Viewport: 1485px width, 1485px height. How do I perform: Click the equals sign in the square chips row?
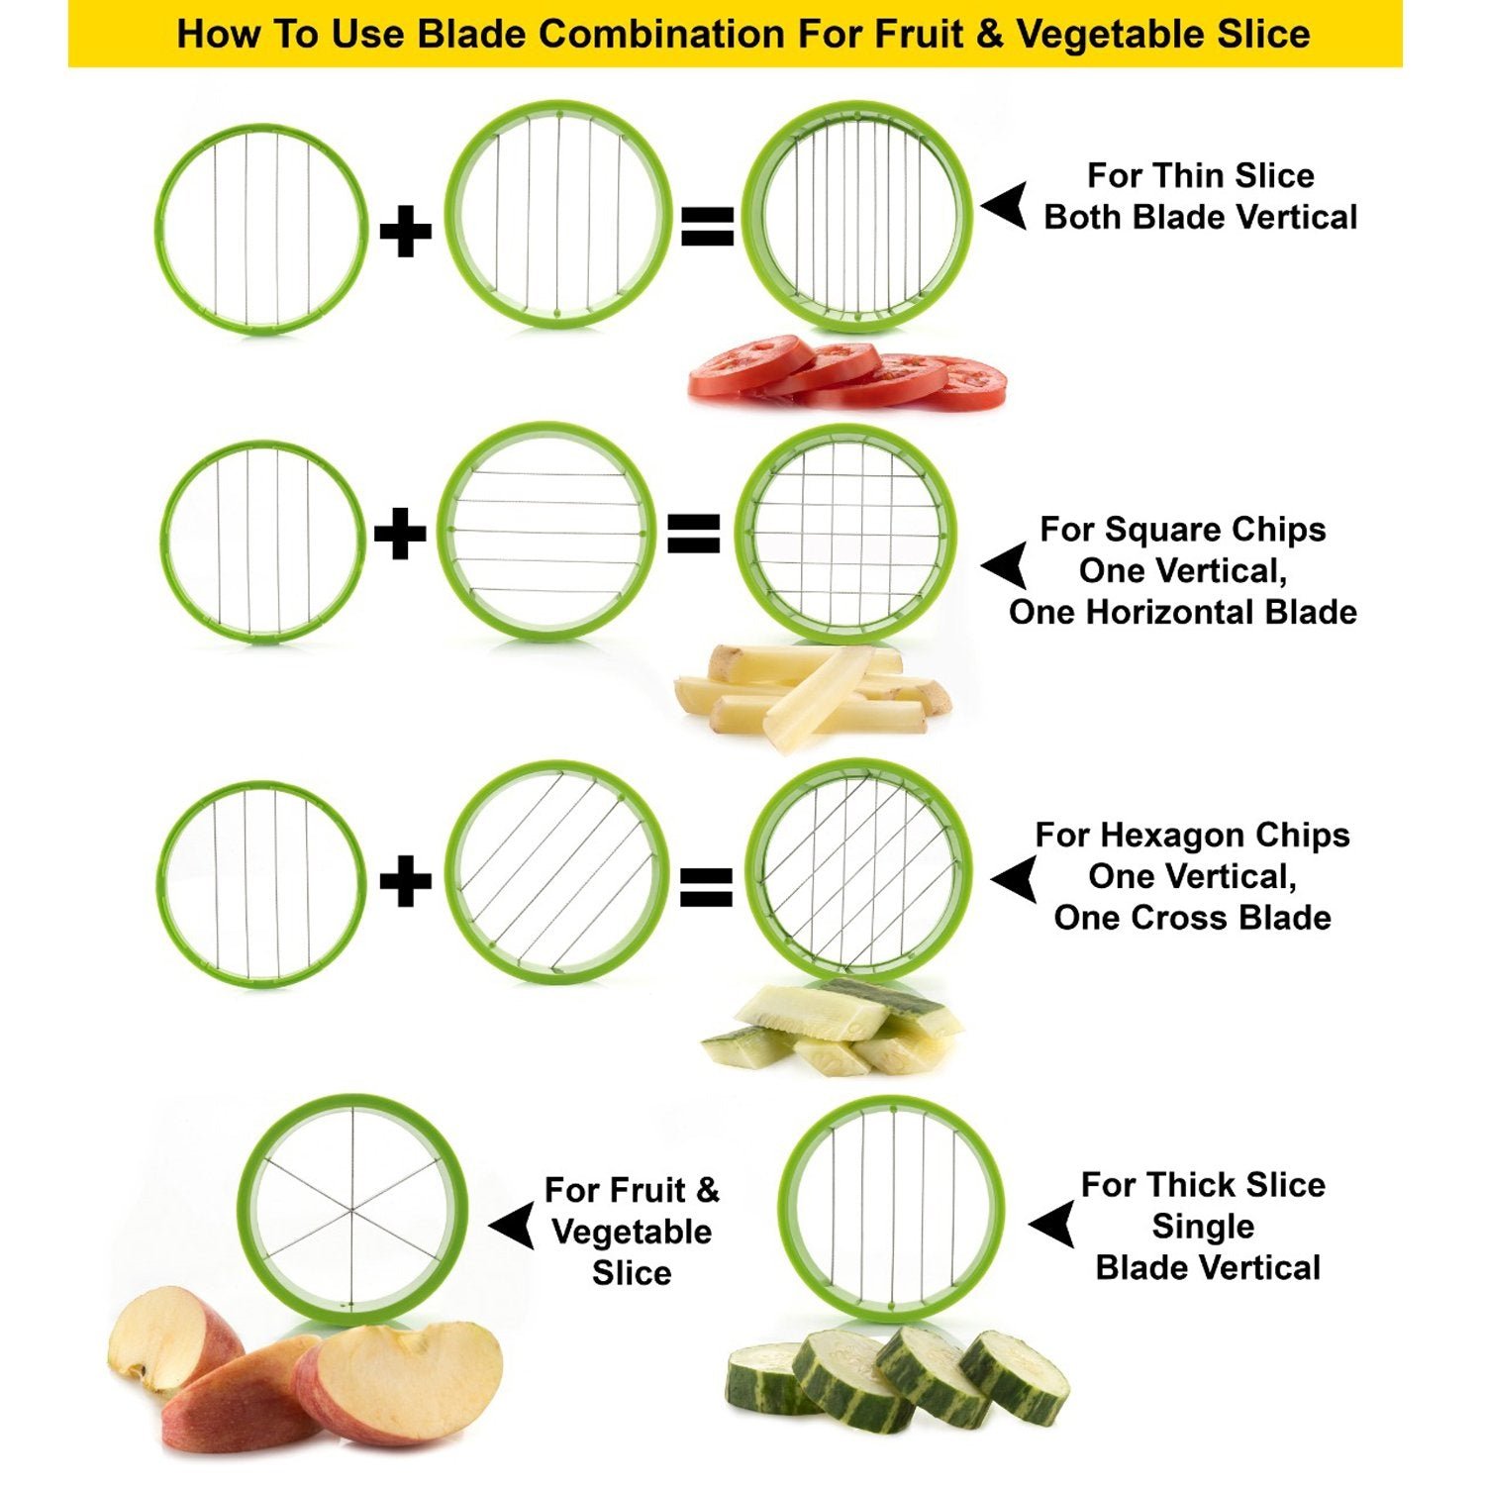693,535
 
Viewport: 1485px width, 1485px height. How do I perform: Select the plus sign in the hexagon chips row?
406,881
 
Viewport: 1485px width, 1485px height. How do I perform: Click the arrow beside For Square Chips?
1004,565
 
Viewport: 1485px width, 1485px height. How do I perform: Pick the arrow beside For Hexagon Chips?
1014,879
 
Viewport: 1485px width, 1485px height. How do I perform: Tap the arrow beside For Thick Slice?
1052,1225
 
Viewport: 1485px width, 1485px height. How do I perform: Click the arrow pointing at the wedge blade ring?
513,1228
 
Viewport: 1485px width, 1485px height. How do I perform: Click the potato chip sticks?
812,693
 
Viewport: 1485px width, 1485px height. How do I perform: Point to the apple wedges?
307,1376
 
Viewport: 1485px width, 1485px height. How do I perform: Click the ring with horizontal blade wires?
546,532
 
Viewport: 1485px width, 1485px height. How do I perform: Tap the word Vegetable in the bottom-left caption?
632,1232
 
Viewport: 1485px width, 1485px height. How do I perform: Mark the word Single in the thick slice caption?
1203,1227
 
